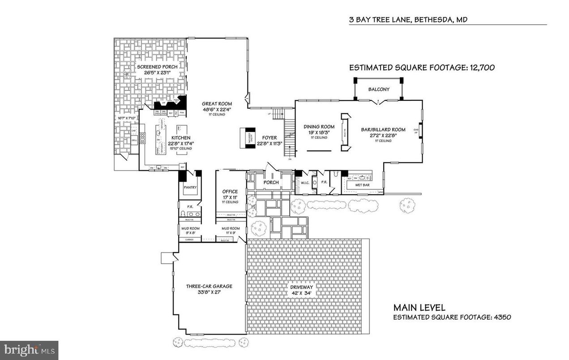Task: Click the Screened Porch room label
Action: pos(160,67)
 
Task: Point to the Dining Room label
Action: pos(319,127)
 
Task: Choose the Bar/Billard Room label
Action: pos(383,130)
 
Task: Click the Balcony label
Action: pos(379,89)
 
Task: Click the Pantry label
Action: pos(190,188)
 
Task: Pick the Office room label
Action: pos(230,192)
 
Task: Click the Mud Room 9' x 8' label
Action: pos(190,228)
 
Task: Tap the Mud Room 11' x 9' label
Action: pos(231,228)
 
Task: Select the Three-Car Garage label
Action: pos(209,287)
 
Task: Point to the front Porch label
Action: pos(270,183)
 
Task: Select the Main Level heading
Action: pos(419,308)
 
